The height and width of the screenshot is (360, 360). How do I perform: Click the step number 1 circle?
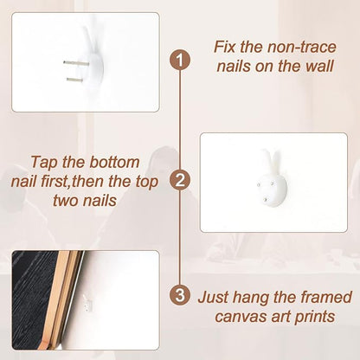tap(180, 60)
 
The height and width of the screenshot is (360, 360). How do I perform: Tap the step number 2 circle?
tap(180, 180)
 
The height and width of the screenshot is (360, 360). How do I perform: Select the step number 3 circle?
tap(180, 295)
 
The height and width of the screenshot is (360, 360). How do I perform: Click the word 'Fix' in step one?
tap(224, 47)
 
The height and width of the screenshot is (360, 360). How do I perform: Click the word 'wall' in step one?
tap(320, 66)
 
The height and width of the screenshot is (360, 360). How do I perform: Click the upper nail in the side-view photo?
tap(76, 62)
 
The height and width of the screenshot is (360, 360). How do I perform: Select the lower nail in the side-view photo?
tap(74, 79)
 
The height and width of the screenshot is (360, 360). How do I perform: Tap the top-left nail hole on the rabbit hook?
tap(259, 183)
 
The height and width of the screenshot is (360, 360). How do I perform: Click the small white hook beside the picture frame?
tap(88, 304)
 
